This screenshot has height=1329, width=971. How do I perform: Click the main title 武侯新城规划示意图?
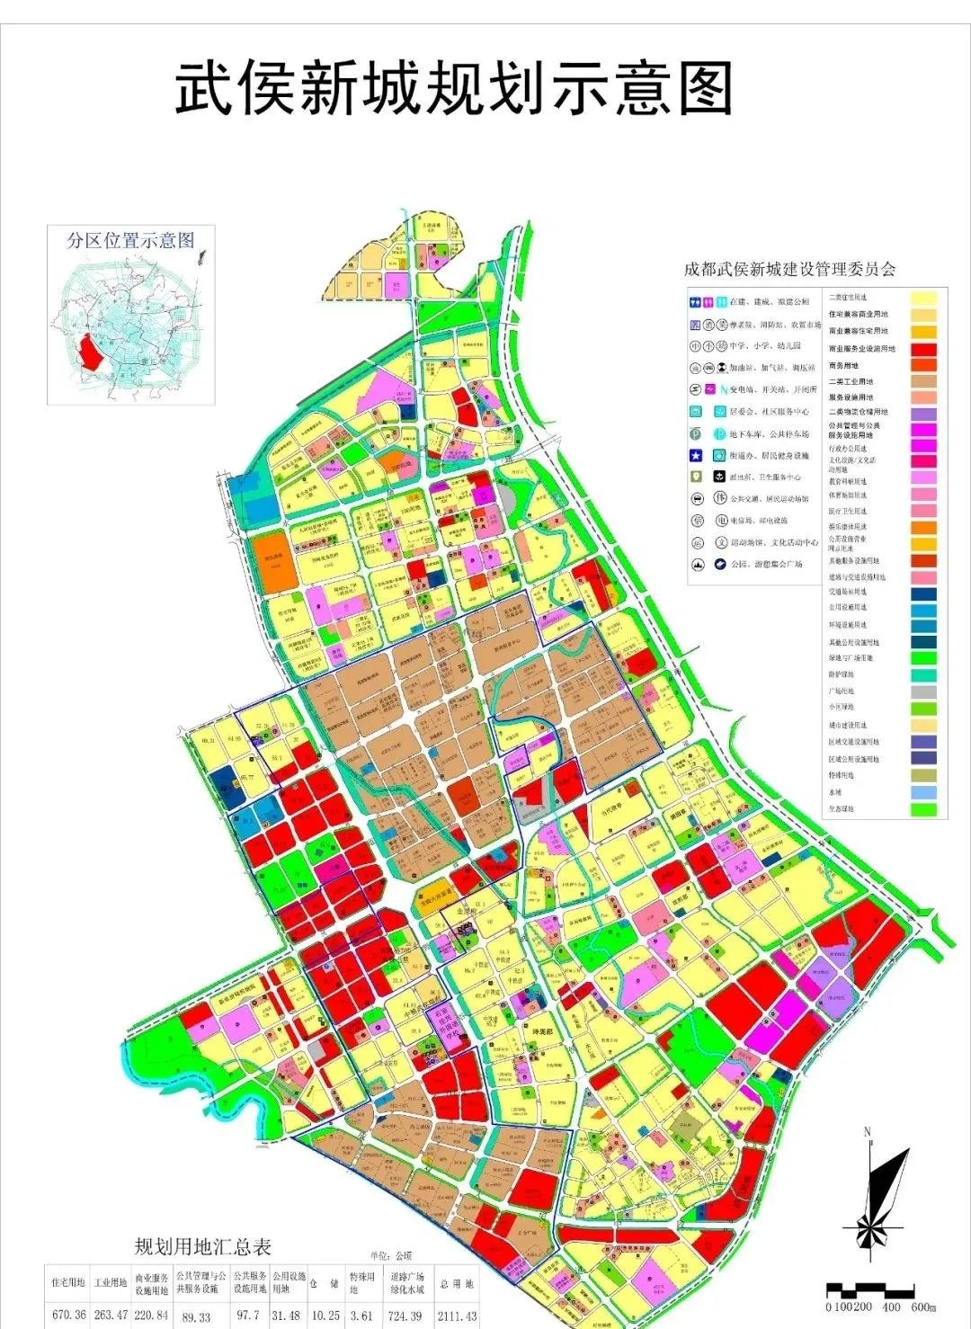click(x=454, y=88)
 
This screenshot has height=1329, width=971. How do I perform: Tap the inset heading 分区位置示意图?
click(x=131, y=240)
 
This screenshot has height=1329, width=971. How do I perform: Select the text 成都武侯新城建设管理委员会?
click(x=789, y=269)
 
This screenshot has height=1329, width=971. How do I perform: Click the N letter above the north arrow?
click(x=868, y=1131)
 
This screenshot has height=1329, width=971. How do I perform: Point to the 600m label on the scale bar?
click(x=923, y=1307)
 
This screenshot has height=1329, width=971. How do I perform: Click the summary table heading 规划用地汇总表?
click(x=203, y=1247)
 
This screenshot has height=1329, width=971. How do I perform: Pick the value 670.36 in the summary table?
click(x=69, y=1315)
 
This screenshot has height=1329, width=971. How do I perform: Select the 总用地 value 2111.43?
click(x=457, y=1316)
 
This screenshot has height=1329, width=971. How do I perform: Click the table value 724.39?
click(x=405, y=1316)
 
